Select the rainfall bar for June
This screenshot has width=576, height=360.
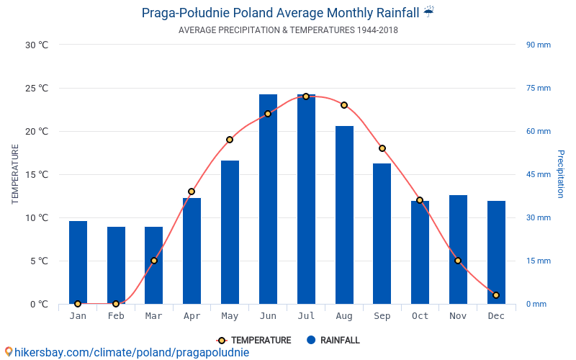click(268, 199)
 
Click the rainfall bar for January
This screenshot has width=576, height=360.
click(78, 262)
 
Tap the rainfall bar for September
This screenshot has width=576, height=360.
click(382, 233)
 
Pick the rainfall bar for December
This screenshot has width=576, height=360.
click(496, 252)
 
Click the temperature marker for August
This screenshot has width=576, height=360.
click(344, 105)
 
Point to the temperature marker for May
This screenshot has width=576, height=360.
click(230, 140)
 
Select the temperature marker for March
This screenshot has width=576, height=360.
click(154, 261)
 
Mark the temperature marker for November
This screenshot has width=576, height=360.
click(458, 261)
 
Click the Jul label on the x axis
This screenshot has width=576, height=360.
click(306, 316)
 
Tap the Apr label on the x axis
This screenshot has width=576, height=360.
click(192, 316)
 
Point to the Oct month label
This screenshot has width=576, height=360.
click(420, 316)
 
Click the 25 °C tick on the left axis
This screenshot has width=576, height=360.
click(37, 89)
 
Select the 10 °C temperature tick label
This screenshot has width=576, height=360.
click(37, 217)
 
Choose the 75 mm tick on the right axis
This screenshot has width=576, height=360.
click(539, 89)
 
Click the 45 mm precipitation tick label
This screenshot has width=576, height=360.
click(539, 174)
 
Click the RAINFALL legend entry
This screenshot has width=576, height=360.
click(333, 341)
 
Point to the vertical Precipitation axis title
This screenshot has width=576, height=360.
click(561, 174)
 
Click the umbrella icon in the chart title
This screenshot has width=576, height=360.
click(429, 12)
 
